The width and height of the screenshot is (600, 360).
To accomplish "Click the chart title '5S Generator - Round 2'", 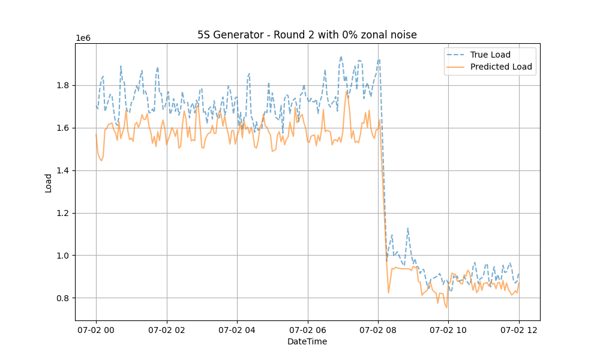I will pos(307,35).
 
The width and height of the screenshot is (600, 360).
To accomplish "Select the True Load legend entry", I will pos(489,55).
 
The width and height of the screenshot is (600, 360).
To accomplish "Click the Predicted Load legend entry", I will pos(501,67).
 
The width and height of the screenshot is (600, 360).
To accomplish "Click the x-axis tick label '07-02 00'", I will pos(96,329).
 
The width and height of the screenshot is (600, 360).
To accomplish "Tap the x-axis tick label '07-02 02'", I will pos(167,329).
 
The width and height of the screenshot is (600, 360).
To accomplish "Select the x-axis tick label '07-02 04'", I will pos(237,329).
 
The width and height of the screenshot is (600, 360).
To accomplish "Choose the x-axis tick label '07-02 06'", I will pos(308,329).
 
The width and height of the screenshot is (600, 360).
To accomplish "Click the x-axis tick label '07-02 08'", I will pos(378,329).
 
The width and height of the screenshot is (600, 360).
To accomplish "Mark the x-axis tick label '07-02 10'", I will pos(449,329).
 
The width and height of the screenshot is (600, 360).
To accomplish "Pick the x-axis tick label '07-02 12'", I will pos(519,329).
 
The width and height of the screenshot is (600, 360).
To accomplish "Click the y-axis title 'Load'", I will pos(49,182).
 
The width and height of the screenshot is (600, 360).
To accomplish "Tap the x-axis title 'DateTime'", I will pos(307,341).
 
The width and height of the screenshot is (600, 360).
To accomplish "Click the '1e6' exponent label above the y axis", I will pos(83,38).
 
